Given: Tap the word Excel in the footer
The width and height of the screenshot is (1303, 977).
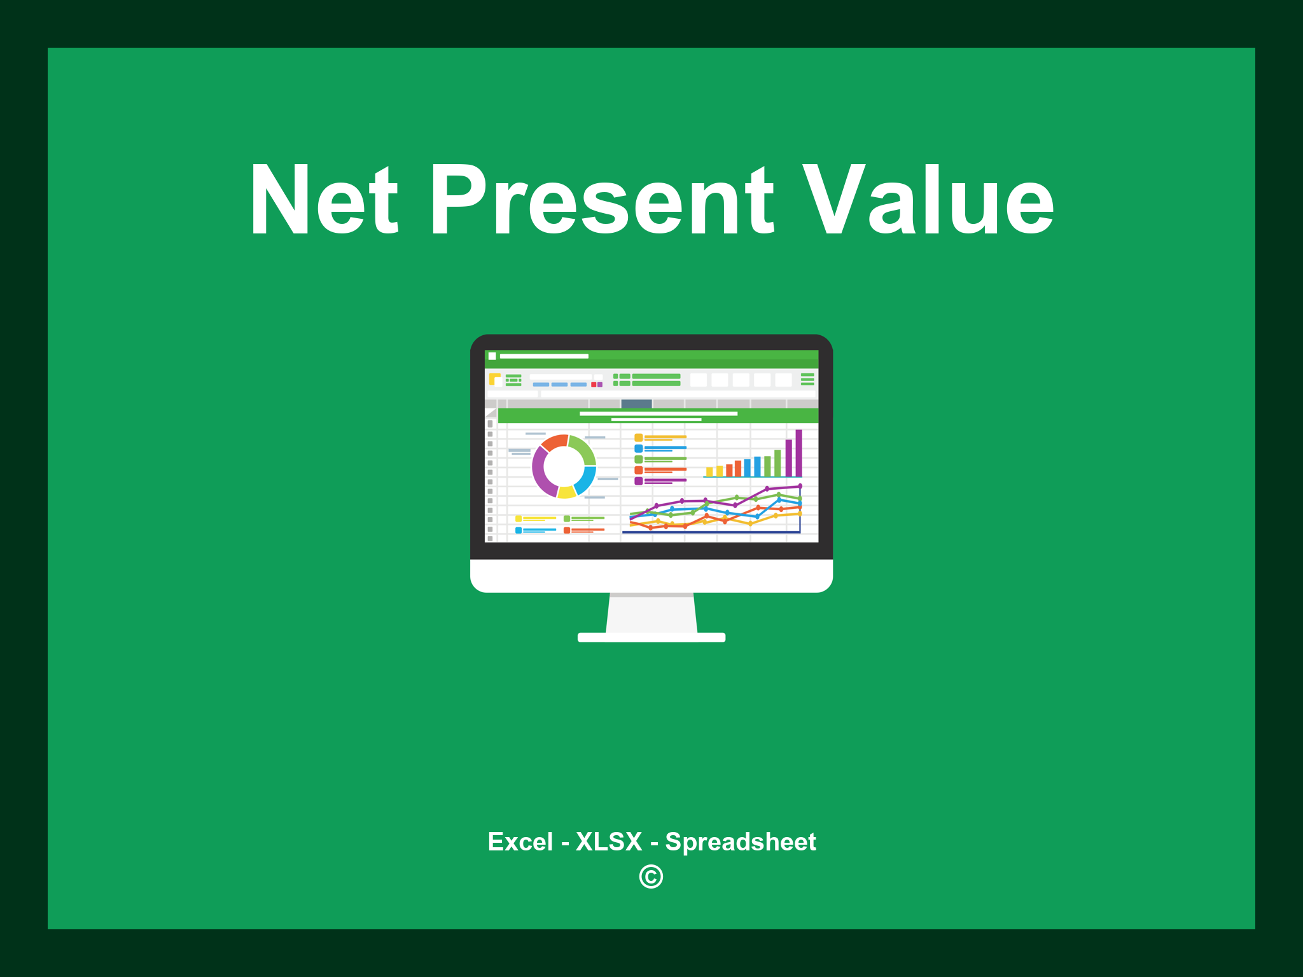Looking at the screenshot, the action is point(520,842).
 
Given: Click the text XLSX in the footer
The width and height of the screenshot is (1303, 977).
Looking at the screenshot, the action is point(609,842).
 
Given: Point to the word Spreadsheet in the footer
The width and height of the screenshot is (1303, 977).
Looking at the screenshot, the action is point(741,842).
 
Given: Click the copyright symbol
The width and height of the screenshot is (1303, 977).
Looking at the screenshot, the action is point(651,877).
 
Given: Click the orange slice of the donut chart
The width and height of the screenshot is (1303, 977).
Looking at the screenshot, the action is point(554,442).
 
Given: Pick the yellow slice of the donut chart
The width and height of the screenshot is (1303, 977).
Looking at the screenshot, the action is point(566,492).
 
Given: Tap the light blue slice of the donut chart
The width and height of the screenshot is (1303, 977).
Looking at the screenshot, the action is point(586,480).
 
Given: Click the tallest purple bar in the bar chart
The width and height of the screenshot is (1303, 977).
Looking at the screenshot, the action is point(798,453).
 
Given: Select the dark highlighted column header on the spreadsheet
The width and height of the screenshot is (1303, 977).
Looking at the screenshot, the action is point(636,404).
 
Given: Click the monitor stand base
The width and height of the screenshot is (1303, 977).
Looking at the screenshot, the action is point(651,637).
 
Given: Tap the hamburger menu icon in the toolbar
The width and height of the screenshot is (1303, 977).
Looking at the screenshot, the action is point(807,379).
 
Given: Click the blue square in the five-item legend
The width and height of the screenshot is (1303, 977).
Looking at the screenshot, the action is point(638,448).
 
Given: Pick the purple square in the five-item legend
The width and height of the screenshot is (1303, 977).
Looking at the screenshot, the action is point(638,481).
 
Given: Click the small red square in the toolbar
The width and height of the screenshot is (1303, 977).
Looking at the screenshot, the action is point(594,385).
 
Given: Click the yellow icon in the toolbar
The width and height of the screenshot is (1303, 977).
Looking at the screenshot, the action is point(494,379).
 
